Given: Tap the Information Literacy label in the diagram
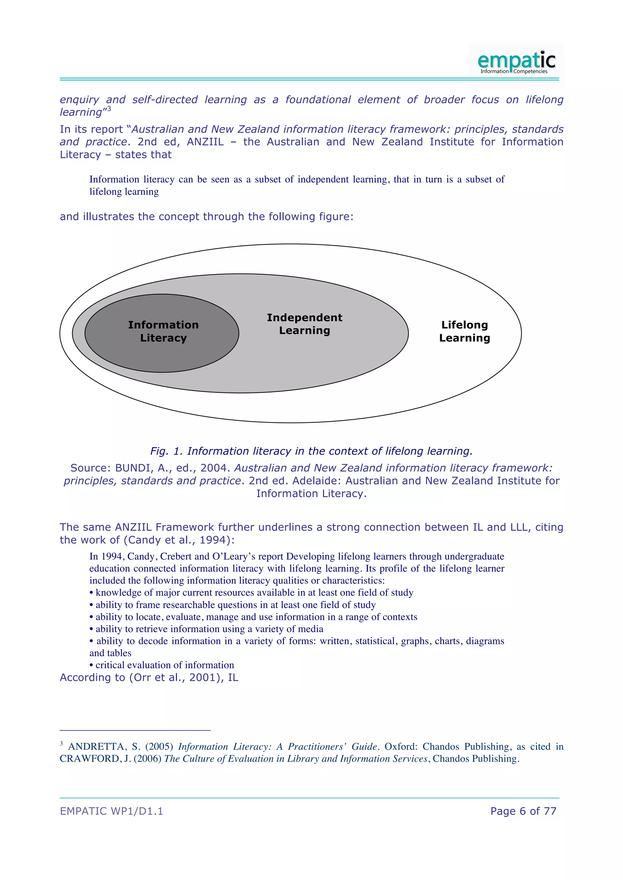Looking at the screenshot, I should [x=163, y=332].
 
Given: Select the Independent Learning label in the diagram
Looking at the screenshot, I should [x=305, y=324].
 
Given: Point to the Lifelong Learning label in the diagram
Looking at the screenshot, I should [x=465, y=332].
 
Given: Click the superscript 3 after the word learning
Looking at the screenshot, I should [x=109, y=109].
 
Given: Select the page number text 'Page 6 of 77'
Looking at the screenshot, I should [x=523, y=811].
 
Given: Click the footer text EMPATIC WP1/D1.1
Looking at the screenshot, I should [x=111, y=811].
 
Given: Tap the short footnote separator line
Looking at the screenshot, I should [x=135, y=730].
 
